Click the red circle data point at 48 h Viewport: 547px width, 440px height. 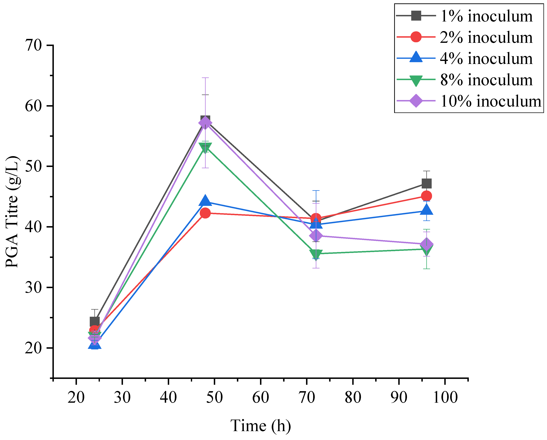coord(205,213)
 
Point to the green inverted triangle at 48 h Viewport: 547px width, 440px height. coord(205,148)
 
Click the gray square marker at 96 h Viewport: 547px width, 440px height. coord(427,183)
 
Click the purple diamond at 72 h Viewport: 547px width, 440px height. coord(316,236)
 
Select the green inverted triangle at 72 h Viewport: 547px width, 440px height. coord(316,254)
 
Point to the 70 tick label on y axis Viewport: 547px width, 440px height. coord(33,46)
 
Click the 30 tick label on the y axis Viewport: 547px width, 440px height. coord(33,288)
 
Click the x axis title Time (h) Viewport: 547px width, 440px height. coord(261,426)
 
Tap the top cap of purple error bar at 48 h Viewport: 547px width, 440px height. coord(205,78)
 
